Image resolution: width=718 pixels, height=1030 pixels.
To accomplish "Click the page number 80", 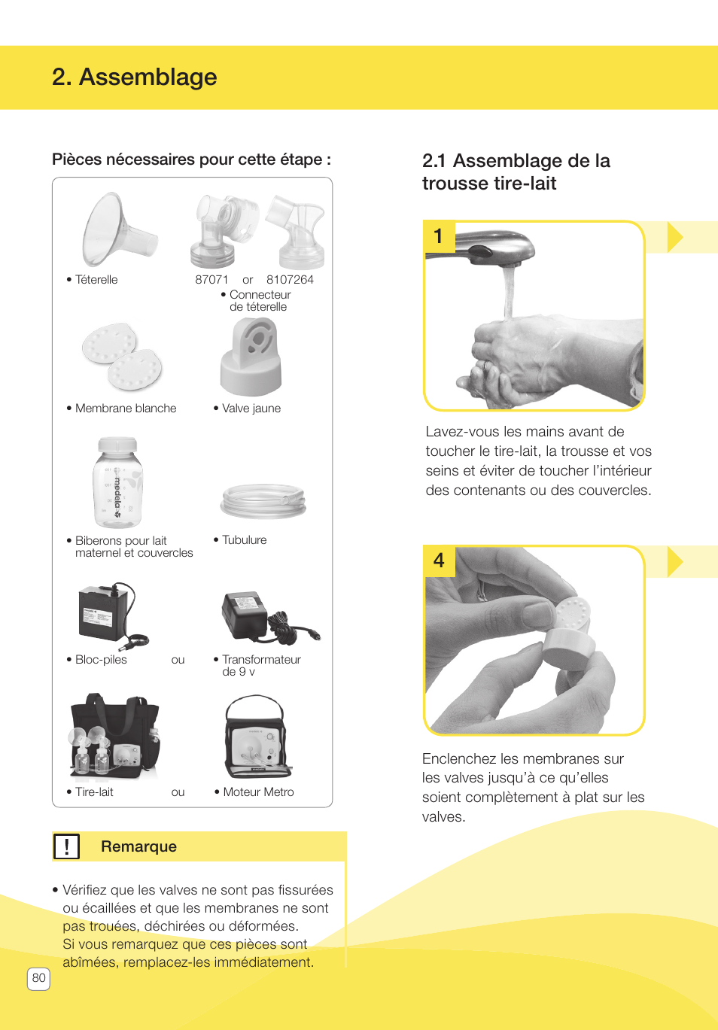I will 38,978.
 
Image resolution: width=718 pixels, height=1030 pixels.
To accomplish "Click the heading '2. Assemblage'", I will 134,77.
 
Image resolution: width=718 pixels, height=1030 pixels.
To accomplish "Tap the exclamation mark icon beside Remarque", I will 66,846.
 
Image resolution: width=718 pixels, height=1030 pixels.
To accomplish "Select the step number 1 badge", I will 439,236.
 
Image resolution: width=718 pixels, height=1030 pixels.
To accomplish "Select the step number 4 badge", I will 439,561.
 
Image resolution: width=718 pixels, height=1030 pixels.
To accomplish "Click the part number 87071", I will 211,280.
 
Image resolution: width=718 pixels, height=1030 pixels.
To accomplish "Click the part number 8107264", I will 290,280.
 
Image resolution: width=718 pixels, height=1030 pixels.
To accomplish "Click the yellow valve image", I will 251,356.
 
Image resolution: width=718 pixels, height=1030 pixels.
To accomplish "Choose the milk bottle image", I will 118,482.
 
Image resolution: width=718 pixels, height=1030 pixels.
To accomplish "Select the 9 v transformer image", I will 263,616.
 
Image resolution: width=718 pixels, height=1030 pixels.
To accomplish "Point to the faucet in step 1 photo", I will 489,248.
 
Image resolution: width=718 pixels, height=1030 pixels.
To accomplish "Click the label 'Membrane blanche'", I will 126,409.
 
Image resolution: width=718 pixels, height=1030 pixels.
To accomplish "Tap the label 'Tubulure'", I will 244,540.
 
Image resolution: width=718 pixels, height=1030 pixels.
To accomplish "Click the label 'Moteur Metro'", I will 258,792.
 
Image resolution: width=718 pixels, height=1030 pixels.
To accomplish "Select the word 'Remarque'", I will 138,846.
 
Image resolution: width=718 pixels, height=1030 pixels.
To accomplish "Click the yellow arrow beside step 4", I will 674,561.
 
